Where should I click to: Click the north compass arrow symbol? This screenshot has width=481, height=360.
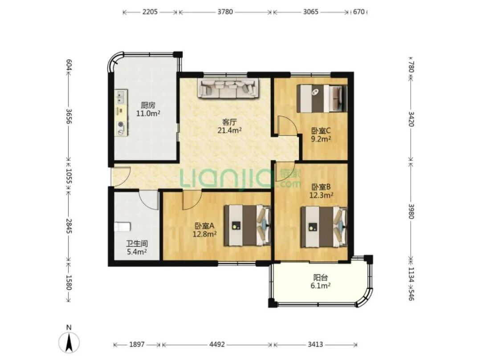(x=69, y=341)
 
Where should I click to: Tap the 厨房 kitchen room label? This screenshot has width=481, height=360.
(x=148, y=105)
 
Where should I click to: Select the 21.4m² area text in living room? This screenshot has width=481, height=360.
(x=229, y=131)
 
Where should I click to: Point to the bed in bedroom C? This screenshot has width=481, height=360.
(x=322, y=98)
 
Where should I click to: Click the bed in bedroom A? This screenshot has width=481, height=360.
(x=247, y=225)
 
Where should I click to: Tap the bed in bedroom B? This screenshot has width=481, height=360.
(x=324, y=227)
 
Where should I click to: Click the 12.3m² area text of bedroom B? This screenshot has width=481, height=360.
(x=321, y=195)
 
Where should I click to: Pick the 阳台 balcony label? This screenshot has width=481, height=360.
(x=321, y=278)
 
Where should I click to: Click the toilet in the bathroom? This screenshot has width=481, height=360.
(x=122, y=227)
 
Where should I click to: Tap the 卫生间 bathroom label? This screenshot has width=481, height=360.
(x=137, y=244)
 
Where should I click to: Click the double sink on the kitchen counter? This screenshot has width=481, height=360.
(x=121, y=97)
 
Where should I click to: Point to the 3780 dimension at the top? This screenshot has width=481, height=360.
(x=225, y=12)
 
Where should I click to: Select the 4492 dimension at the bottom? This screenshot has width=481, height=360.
(x=217, y=344)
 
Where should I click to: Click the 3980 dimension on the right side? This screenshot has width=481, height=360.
(x=411, y=211)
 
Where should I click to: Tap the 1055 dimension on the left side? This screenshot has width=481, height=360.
(x=69, y=177)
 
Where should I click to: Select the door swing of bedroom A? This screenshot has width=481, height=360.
(x=192, y=200)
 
